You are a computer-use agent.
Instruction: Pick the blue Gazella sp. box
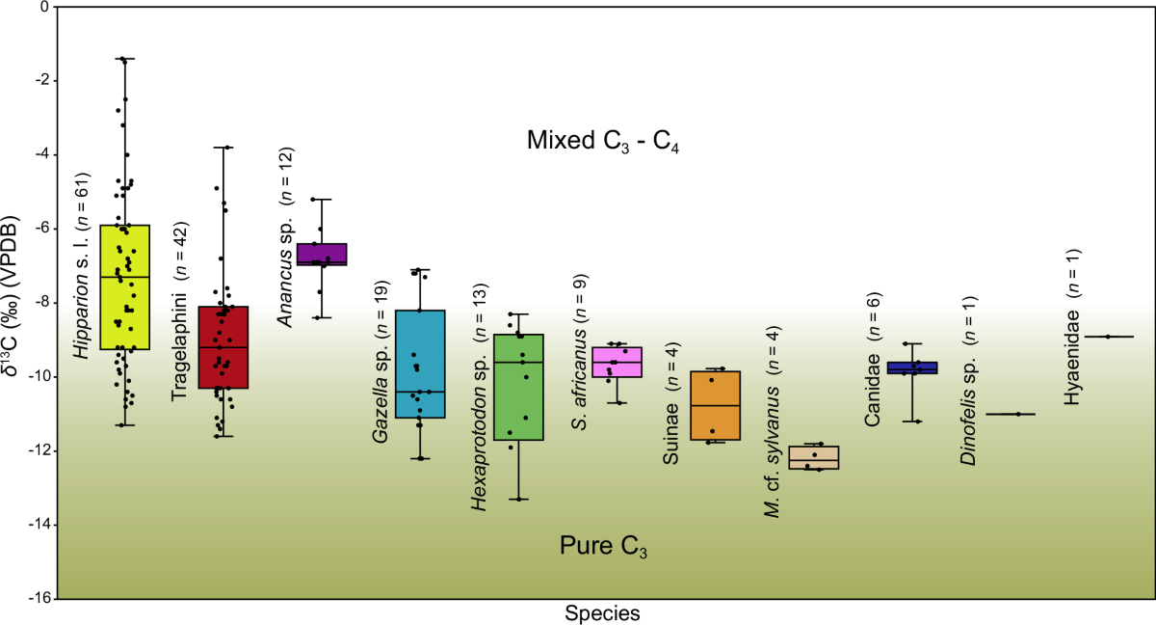(420, 364)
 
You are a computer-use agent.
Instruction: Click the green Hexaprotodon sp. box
(518, 387)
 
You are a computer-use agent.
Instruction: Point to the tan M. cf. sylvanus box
(814, 457)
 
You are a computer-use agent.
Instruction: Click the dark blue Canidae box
(912, 367)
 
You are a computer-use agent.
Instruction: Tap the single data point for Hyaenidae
(1108, 337)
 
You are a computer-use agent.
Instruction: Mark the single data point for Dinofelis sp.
(1017, 414)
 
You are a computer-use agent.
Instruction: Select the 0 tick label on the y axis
(42, 8)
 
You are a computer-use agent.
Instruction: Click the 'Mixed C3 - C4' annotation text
(605, 142)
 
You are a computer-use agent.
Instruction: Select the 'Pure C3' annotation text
(603, 547)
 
